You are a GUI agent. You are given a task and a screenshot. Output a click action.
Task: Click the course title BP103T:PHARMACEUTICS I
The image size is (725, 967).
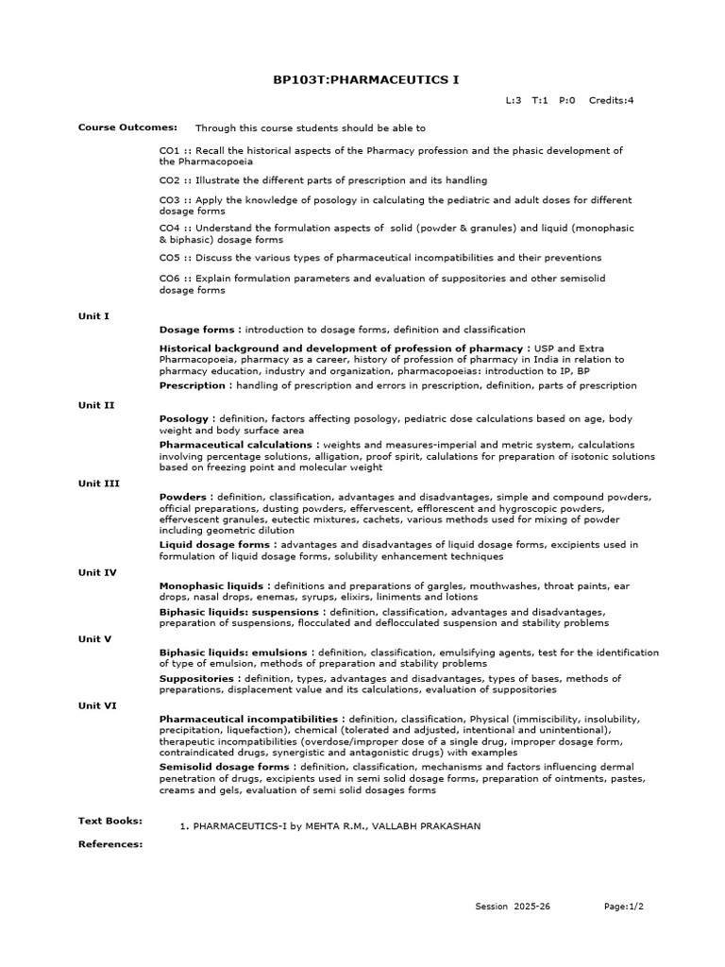(x=365, y=79)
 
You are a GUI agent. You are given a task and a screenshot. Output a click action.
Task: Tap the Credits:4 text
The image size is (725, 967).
(x=611, y=100)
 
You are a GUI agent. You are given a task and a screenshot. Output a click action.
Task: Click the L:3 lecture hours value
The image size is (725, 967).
(x=514, y=100)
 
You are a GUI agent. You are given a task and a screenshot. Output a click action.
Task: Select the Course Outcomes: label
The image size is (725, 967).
(x=114, y=127)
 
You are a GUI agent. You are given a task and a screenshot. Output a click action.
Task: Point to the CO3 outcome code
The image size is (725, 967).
(x=169, y=200)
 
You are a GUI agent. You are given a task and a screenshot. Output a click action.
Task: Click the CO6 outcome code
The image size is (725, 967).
(x=169, y=279)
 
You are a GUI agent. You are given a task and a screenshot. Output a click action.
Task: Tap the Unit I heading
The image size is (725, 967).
(x=93, y=316)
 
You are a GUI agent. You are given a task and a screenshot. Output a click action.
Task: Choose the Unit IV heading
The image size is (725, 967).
(x=96, y=572)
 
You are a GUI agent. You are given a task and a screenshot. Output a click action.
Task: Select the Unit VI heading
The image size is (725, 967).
(x=96, y=705)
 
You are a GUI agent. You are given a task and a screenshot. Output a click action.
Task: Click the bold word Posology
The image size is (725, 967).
(x=183, y=418)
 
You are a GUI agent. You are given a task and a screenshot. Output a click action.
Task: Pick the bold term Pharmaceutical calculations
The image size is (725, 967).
(x=235, y=445)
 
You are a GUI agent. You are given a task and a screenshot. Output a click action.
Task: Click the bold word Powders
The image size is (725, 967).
(x=181, y=497)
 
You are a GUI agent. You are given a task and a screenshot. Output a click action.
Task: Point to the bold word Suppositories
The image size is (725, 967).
(x=196, y=679)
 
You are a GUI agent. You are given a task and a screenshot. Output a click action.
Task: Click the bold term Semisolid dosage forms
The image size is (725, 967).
(x=224, y=768)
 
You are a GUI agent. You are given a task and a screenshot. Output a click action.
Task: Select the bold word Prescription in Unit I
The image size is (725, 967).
(x=192, y=385)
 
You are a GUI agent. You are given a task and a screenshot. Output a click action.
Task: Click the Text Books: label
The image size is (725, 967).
(x=110, y=822)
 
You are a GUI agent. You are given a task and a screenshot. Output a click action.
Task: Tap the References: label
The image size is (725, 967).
(x=110, y=844)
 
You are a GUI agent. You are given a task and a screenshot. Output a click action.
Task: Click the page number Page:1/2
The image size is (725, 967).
(x=623, y=907)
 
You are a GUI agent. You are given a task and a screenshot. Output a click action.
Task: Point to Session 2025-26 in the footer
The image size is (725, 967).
(x=513, y=907)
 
